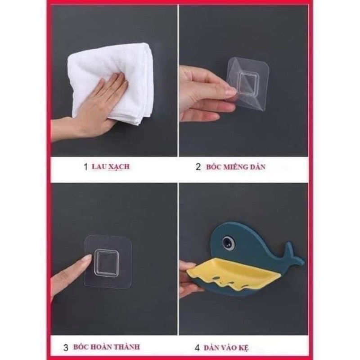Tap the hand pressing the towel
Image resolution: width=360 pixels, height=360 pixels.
(x=97, y=106)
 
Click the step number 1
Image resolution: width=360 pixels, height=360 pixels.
(x=85, y=167)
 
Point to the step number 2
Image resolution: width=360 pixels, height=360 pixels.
(x=198, y=167)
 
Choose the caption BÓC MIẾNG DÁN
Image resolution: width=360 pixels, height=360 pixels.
(x=237, y=167)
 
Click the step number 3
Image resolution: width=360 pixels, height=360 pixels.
(x=66, y=347)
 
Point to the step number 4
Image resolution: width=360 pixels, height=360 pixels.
(x=198, y=347)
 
